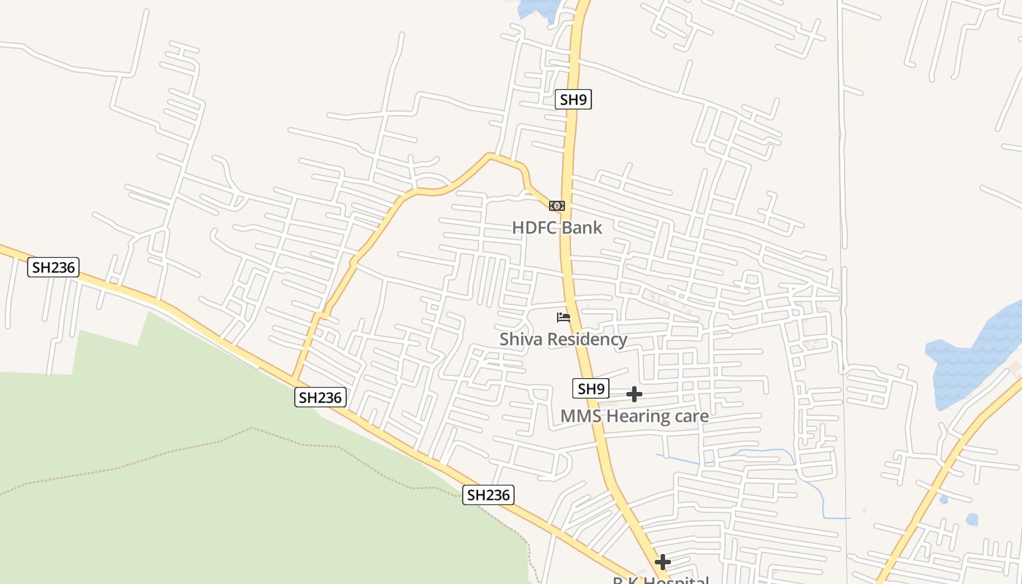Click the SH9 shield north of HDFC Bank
[573, 100]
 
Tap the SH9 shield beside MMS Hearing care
[591, 389]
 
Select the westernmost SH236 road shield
[53, 267]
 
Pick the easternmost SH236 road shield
[488, 495]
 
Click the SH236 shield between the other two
[320, 398]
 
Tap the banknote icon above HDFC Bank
[557, 206]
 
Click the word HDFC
[534, 228]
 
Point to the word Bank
[581, 228]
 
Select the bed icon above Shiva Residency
[564, 318]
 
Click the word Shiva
[521, 339]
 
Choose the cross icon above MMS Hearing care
[634, 394]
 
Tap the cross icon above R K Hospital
[663, 562]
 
